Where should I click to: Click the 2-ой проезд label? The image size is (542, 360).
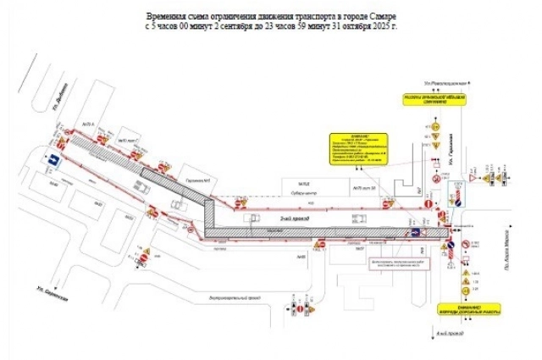point(301,219)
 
